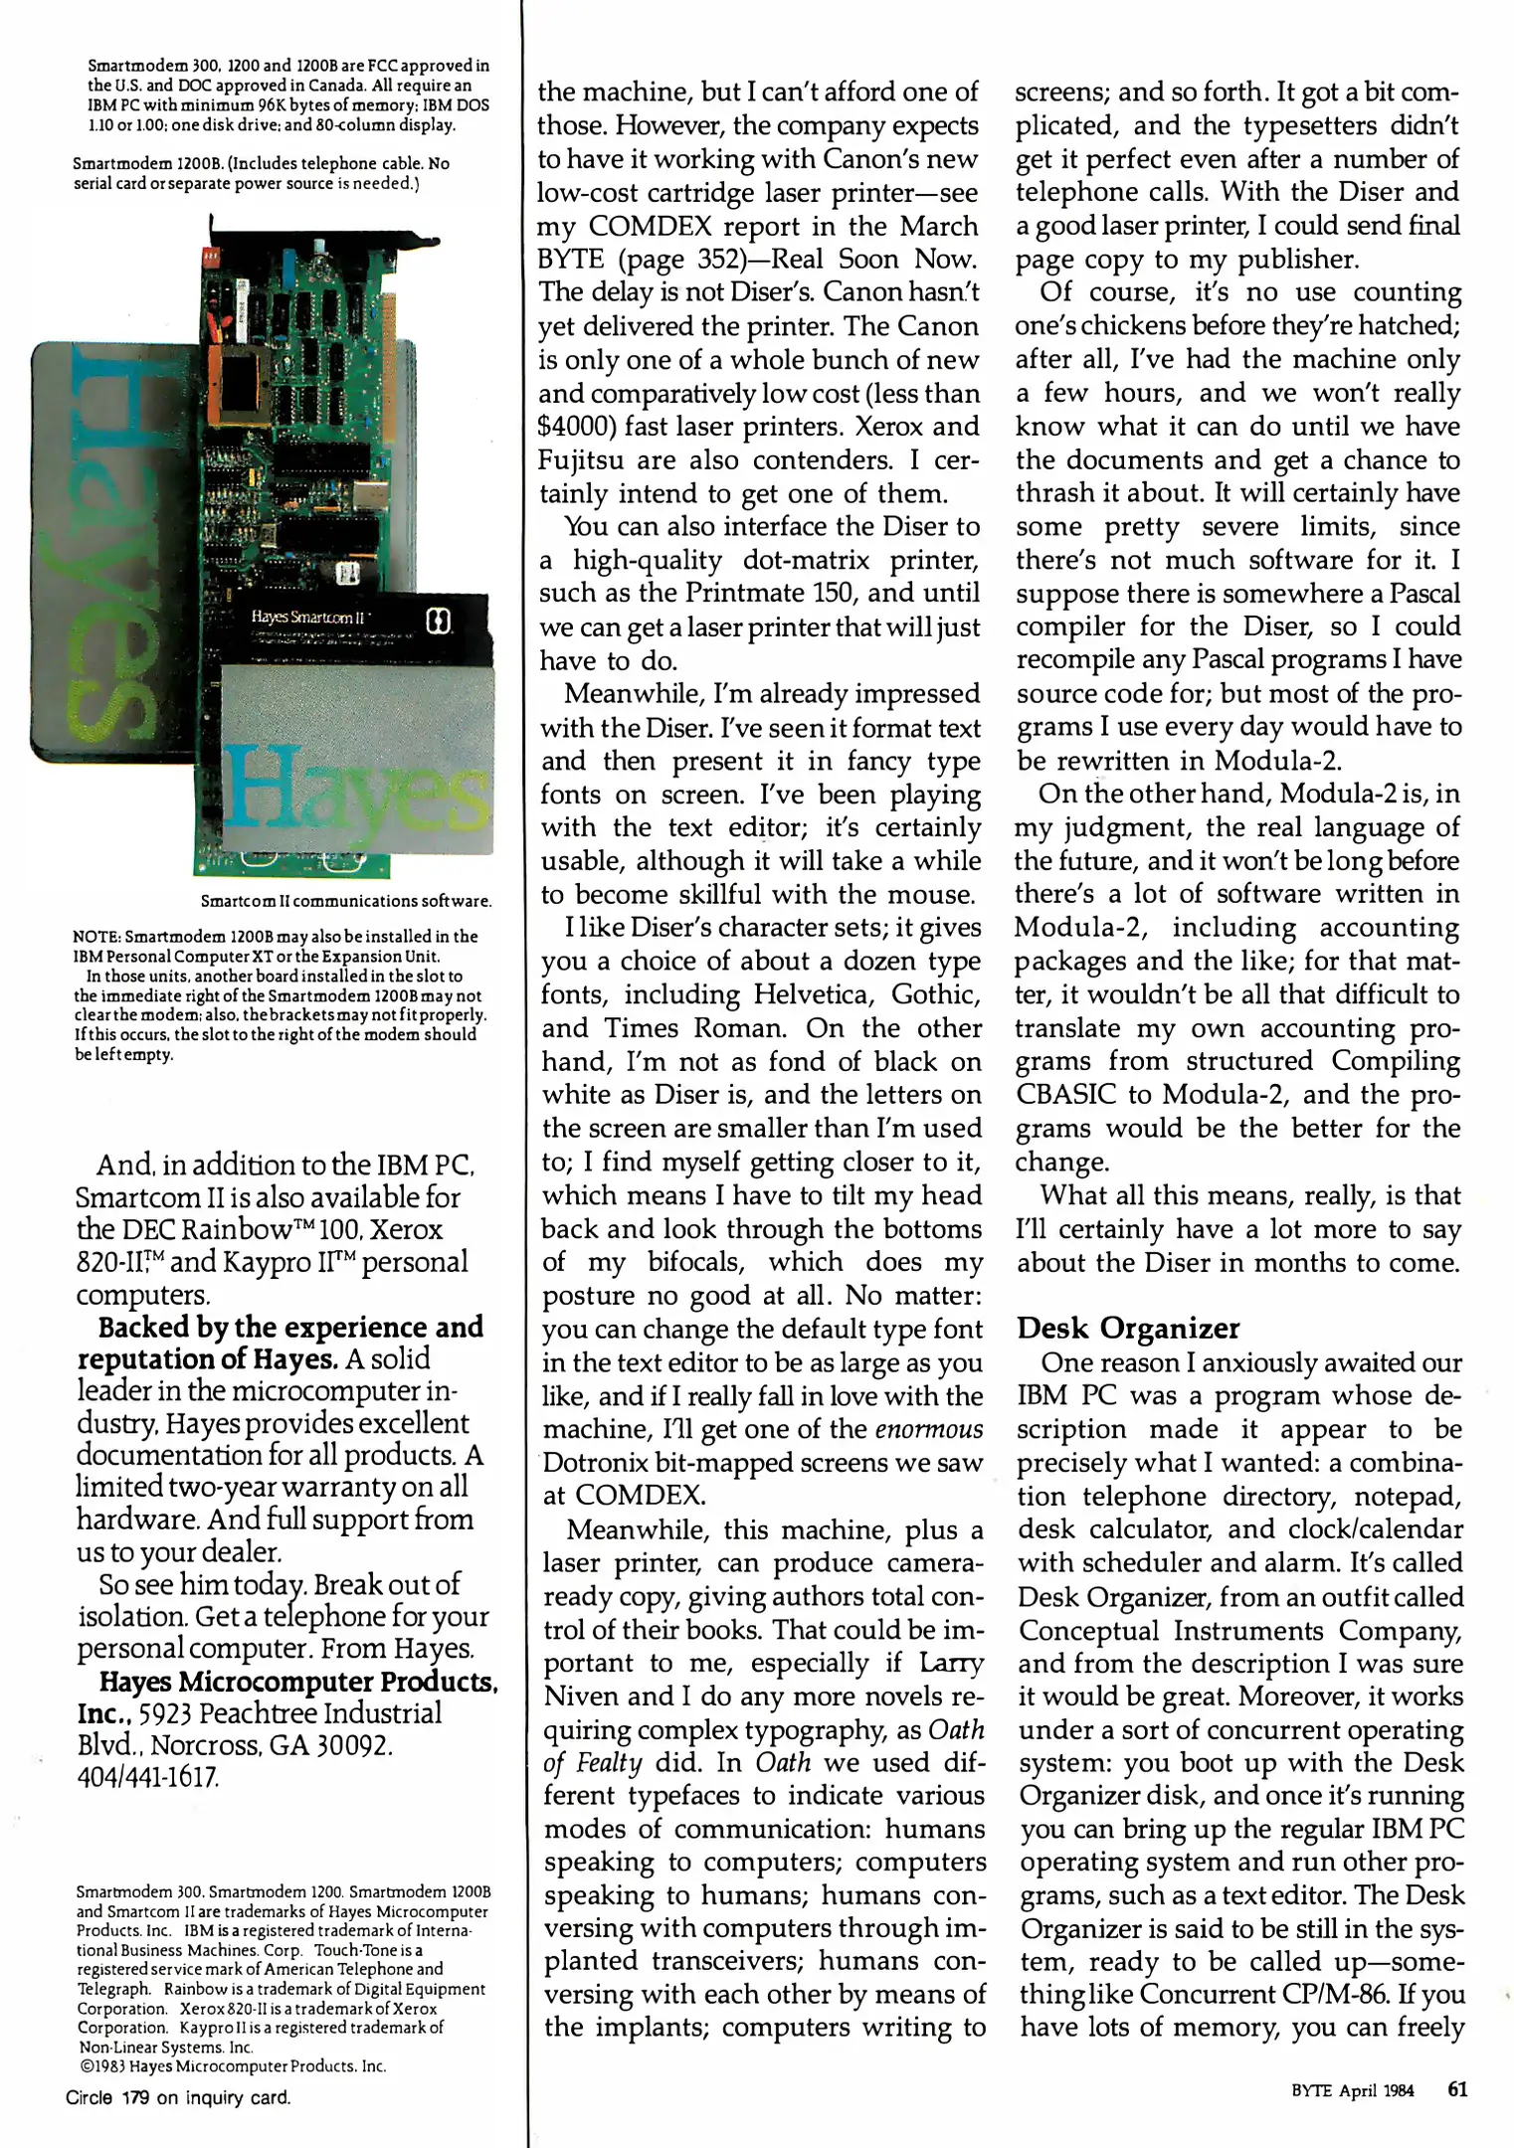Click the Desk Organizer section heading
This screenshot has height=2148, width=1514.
pyautogui.click(x=1128, y=1328)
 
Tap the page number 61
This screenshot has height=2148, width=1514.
pyautogui.click(x=1456, y=2088)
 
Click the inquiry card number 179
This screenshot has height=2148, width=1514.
pyautogui.click(x=136, y=2098)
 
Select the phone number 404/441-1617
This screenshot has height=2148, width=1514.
pyautogui.click(x=148, y=1777)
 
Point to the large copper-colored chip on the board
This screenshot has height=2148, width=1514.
pyautogui.click(x=243, y=380)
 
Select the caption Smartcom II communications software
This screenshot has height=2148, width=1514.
pyautogui.click(x=346, y=901)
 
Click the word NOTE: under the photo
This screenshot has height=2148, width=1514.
pyautogui.click(x=96, y=937)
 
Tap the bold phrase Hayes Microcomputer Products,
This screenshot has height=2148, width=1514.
pyautogui.click(x=297, y=1682)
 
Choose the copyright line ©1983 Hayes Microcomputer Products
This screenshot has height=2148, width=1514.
pyautogui.click(x=232, y=2066)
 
